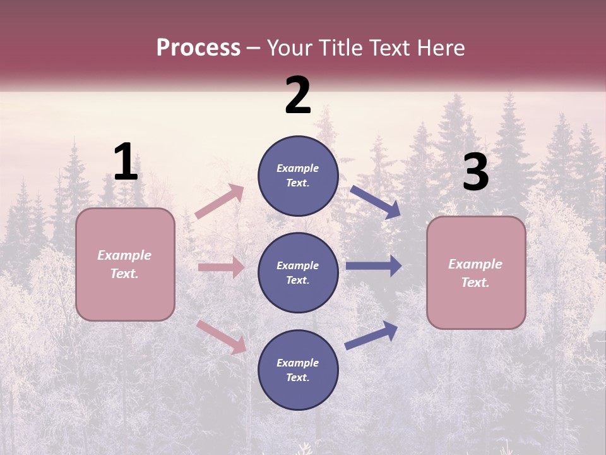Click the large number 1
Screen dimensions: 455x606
[126, 162]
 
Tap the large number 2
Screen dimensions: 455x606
[298, 95]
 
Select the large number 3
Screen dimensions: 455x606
[475, 173]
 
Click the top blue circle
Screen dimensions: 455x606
[299, 176]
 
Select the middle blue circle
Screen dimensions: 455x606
[299, 273]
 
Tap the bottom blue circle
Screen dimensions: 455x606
[299, 370]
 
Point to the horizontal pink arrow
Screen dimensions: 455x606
[221, 267]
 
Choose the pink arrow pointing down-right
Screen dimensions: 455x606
[221, 336]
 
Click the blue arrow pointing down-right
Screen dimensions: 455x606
[376, 202]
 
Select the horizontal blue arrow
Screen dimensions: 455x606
[374, 266]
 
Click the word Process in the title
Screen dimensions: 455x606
[198, 48]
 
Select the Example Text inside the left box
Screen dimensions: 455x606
[124, 264]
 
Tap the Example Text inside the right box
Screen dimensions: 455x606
[475, 273]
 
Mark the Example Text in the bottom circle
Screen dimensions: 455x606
[298, 370]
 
